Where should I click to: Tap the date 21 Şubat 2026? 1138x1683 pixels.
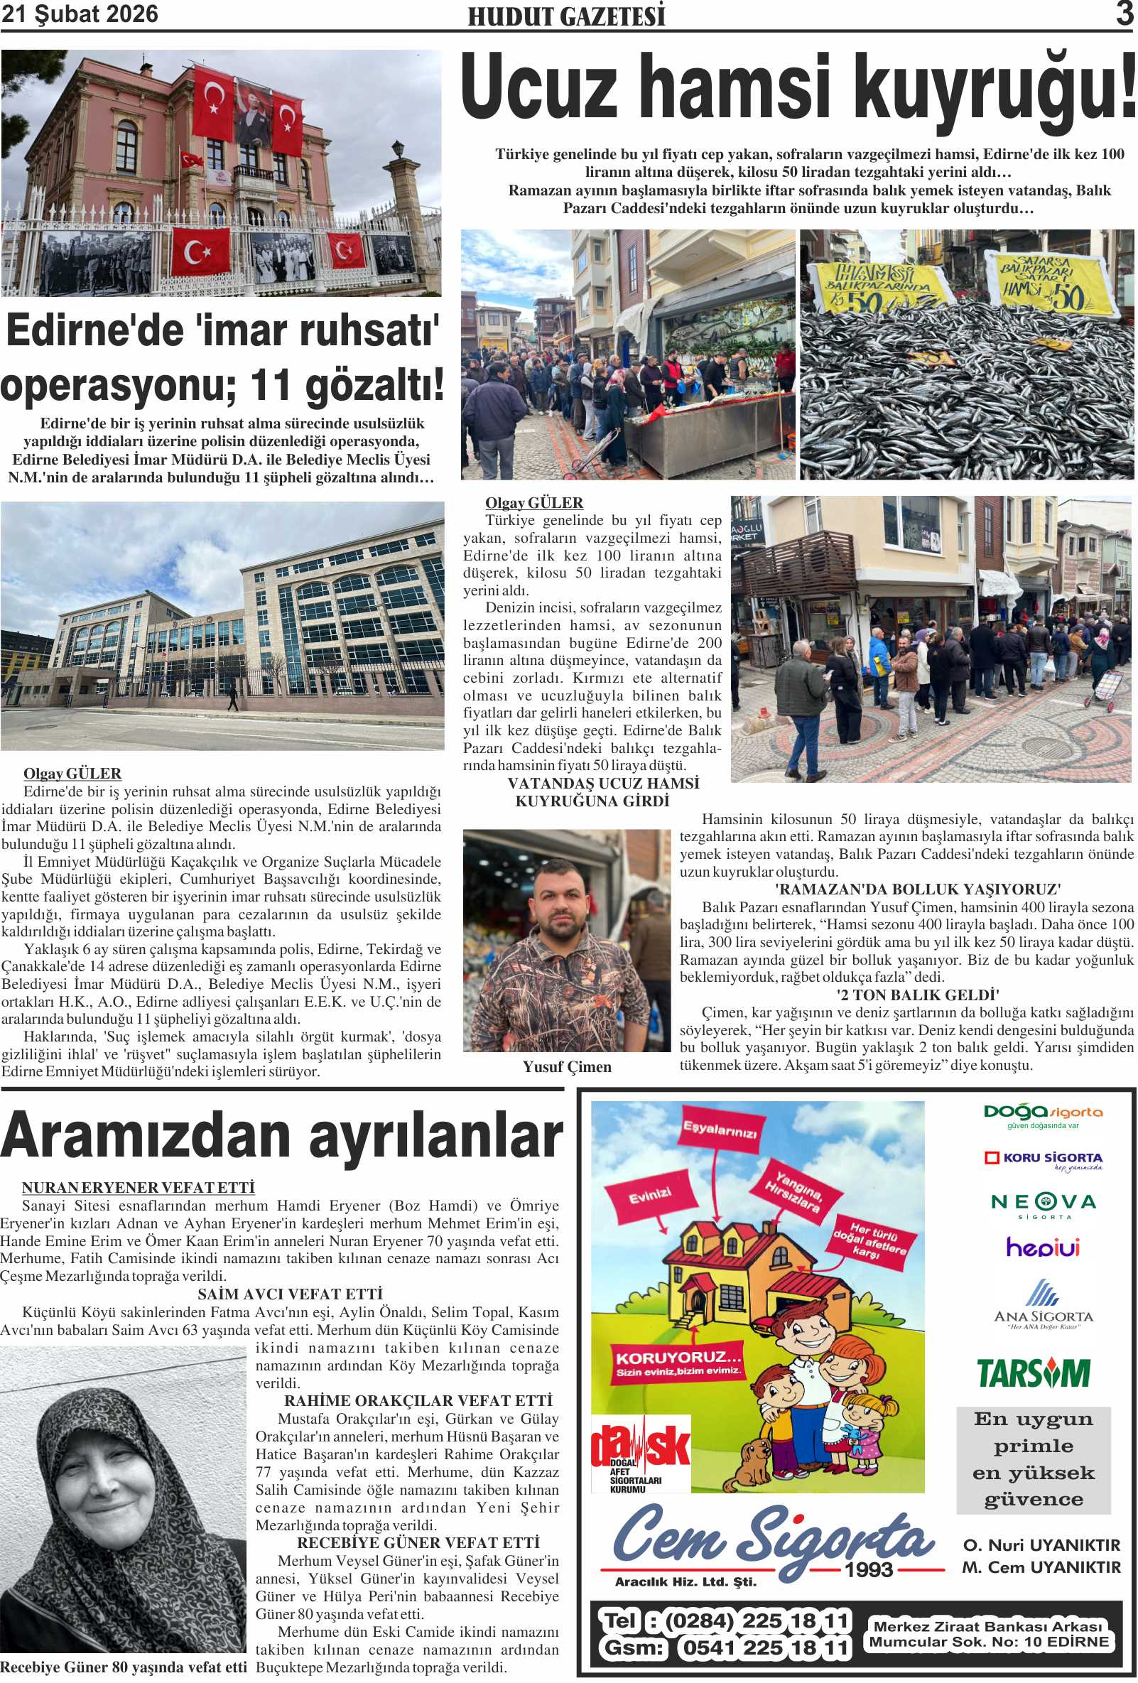[x=80, y=13]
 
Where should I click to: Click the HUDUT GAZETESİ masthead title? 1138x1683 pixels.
[x=566, y=16]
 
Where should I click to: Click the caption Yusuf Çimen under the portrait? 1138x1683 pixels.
[x=567, y=1067]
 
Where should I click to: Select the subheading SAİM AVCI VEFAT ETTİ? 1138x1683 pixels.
[x=290, y=1294]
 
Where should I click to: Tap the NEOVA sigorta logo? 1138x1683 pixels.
[x=1043, y=1204]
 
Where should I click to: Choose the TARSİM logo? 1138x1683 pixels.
[x=1033, y=1373]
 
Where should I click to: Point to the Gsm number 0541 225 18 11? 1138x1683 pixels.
[x=764, y=1648]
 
